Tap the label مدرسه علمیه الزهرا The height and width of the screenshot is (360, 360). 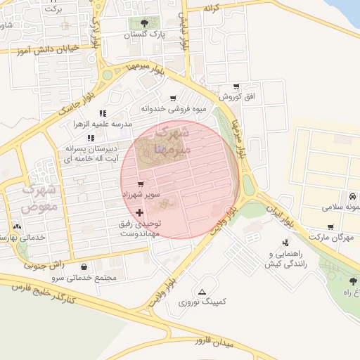[103, 124]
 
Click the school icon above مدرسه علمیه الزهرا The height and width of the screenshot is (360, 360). [103, 112]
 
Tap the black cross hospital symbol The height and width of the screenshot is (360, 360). [139, 212]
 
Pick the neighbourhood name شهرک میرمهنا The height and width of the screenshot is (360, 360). [169, 141]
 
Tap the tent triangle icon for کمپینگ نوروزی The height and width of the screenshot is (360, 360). [202, 291]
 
